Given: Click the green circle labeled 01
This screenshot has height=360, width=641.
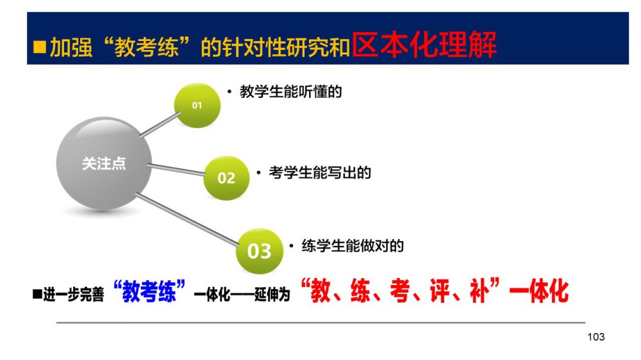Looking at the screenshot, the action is tap(197, 106).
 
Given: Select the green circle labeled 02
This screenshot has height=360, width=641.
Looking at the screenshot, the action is tap(226, 177).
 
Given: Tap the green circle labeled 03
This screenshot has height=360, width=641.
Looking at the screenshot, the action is tap(260, 250).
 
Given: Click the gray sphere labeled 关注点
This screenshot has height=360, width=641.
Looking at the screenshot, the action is tap(104, 163).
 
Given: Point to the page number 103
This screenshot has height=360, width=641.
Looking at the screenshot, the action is tap(595, 337).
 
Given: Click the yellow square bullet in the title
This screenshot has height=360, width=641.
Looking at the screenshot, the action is tap(40, 47).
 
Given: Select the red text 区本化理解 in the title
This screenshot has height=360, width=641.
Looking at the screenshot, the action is tap(424, 44).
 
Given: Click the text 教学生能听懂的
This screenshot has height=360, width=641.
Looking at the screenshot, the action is tap(290, 92).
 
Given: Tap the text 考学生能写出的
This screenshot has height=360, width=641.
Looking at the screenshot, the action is tap(320, 172).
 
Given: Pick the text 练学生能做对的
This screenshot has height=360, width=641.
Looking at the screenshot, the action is tap(353, 245).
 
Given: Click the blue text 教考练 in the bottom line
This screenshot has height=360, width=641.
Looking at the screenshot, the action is tap(149, 291).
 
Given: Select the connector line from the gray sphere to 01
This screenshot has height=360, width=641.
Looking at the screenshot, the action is tap(160, 125).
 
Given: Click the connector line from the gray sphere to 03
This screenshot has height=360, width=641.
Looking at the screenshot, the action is tap(187, 220).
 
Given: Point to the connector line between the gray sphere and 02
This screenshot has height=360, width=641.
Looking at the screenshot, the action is tap(176, 170).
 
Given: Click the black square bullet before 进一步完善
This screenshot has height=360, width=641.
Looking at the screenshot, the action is tap(37, 294).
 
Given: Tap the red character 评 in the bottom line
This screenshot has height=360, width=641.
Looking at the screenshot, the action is tap(440, 291).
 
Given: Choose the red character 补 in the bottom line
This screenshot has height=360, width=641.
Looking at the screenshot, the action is tap(479, 291).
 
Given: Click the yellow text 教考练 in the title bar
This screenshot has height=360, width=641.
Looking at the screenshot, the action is tap(146, 47).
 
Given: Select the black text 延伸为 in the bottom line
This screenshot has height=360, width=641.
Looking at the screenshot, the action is tap(272, 294).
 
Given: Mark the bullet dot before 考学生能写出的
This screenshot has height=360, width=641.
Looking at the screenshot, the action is tap(258, 173).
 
